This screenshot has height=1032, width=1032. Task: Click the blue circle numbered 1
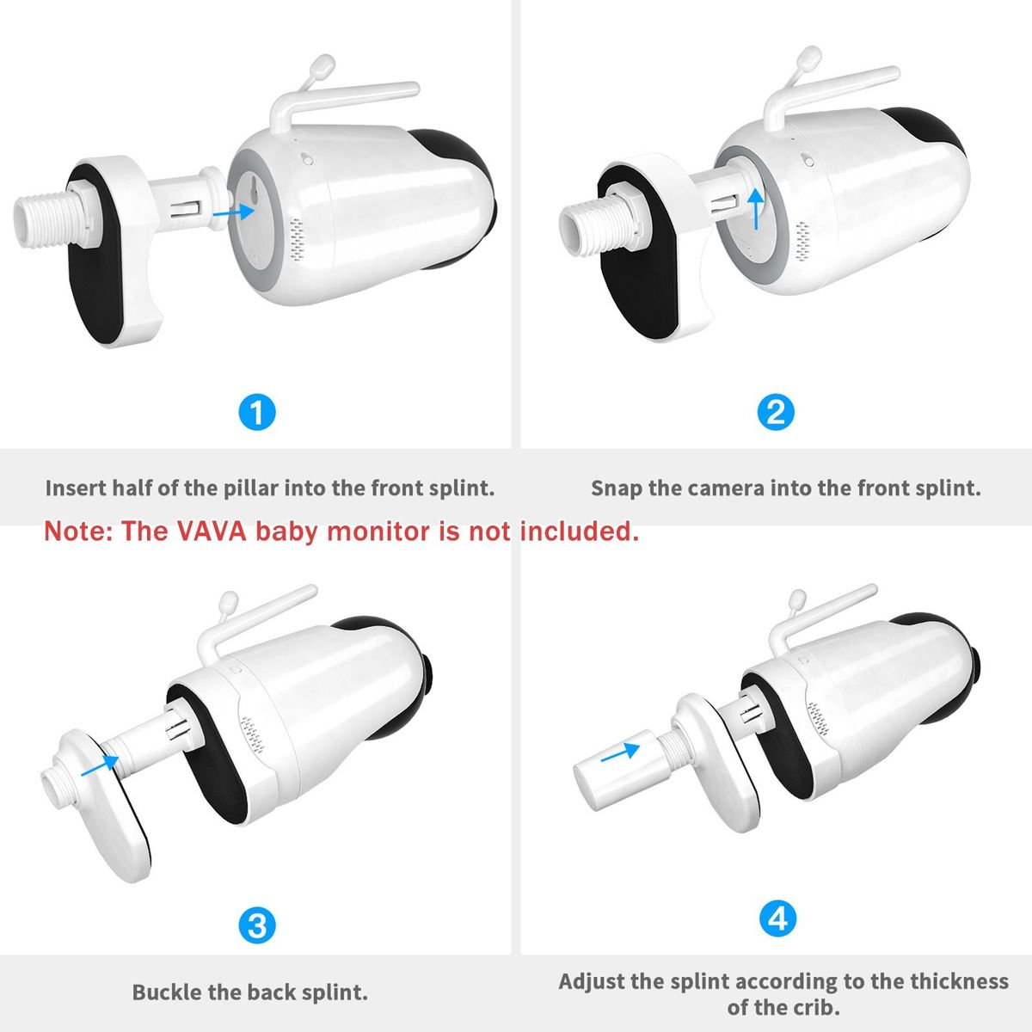click(257, 413)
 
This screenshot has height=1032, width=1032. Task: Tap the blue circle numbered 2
click(776, 413)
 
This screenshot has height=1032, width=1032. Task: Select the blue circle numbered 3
click(257, 925)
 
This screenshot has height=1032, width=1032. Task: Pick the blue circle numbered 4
click(777, 919)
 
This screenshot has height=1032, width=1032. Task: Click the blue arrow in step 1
click(234, 212)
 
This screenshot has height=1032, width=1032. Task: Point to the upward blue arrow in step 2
click(756, 209)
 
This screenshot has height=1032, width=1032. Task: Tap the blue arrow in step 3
click(100, 765)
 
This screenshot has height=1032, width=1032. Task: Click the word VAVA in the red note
click(212, 531)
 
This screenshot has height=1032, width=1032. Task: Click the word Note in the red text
click(76, 531)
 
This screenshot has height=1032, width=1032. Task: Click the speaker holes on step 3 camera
click(252, 735)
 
